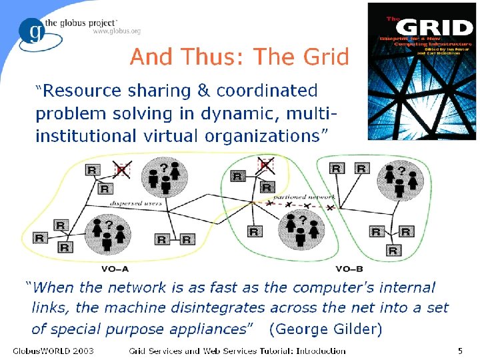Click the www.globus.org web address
click(x=116, y=31)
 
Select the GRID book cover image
click(x=421, y=71)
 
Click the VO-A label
click(x=114, y=269)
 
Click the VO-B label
click(x=349, y=269)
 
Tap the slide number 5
click(x=460, y=351)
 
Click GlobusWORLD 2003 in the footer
click(x=53, y=351)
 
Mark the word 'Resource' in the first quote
click(x=82, y=90)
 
